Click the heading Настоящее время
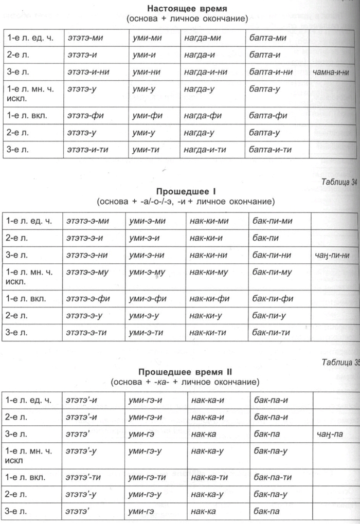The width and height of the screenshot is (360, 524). [x=187, y=9]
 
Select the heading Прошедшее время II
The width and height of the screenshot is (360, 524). [x=187, y=372]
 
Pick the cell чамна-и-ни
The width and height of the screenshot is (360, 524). [x=331, y=73]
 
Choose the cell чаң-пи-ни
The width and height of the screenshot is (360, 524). [x=331, y=255]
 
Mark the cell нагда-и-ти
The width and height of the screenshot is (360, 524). [x=205, y=150]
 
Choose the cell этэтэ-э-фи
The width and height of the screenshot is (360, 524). [x=89, y=299]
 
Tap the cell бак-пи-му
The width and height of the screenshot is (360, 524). [x=273, y=272]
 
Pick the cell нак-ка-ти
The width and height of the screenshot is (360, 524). [x=209, y=477]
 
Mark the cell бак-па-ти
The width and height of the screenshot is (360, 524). [x=273, y=477]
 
